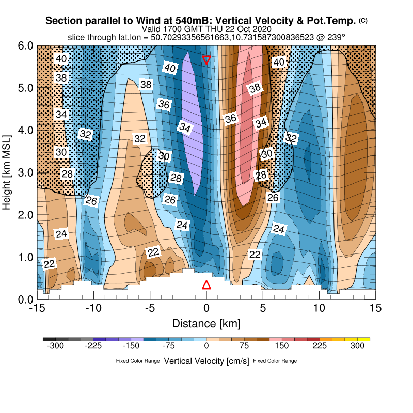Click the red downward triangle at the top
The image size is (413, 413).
pyautogui.click(x=206, y=59)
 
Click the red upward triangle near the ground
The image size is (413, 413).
pyautogui.click(x=206, y=285)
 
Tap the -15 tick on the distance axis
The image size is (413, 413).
pyautogui.click(x=37, y=308)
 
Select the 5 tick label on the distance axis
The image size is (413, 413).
pyautogui.click(x=263, y=308)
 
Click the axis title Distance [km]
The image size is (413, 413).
pyautogui.click(x=206, y=324)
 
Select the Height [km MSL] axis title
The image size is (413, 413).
pyautogui.click(x=7, y=172)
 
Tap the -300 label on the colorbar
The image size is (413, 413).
pyautogui.click(x=55, y=346)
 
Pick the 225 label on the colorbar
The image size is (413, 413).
pyautogui.click(x=320, y=346)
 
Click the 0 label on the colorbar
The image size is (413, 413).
pyautogui.click(x=206, y=346)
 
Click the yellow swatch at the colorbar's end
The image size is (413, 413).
pyautogui.click(x=364, y=339)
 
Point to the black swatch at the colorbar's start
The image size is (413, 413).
pyautogui.click(x=49, y=339)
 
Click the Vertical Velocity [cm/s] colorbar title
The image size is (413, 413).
pyautogui.click(x=206, y=361)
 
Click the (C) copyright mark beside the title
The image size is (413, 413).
pyautogui.click(x=363, y=20)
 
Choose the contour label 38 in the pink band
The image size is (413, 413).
pyautogui.click(x=255, y=88)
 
